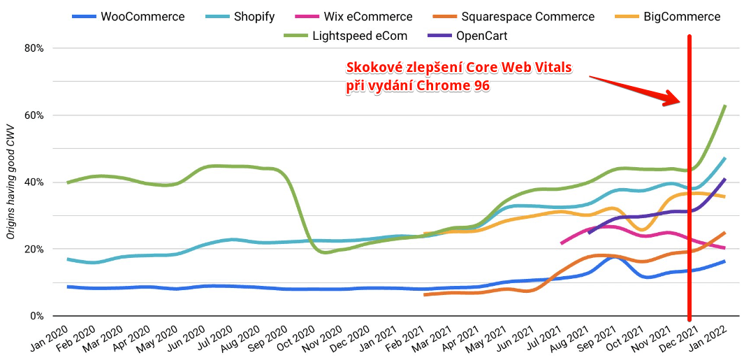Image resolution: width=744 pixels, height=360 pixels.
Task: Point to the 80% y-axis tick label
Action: coord(34,48)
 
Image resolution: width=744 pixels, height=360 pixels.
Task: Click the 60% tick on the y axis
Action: coord(34,115)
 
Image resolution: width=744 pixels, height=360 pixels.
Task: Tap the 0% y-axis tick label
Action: coord(37,316)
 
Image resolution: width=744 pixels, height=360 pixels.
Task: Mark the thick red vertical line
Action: coord(690,210)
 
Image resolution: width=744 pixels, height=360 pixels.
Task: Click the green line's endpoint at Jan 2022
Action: coord(725,106)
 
